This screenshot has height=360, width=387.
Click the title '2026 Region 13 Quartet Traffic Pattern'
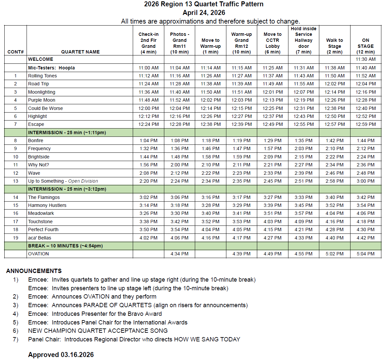click(x=203, y=4)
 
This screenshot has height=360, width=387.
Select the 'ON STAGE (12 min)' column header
click(x=365, y=46)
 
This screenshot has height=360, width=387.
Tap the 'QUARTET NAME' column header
click(x=80, y=52)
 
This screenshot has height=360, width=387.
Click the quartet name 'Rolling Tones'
click(x=42, y=76)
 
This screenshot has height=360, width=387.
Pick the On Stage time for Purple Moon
click(x=365, y=100)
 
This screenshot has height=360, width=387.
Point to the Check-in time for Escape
click(x=148, y=124)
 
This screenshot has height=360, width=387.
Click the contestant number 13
click(x=16, y=181)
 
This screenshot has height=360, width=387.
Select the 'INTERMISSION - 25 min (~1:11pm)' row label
click(x=67, y=133)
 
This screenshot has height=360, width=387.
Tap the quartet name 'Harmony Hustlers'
click(x=47, y=205)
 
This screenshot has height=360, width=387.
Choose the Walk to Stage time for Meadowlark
click(x=335, y=213)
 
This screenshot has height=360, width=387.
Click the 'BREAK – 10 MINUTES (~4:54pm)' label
click(x=65, y=246)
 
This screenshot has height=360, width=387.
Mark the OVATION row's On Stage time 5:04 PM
click(x=365, y=254)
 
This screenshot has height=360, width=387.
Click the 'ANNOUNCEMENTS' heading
click(x=34, y=271)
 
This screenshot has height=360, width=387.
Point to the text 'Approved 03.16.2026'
click(x=61, y=355)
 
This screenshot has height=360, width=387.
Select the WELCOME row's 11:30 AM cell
click(x=365, y=59)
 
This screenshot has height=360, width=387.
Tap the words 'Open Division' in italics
click(x=83, y=181)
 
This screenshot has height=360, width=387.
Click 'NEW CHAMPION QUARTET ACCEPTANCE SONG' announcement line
click(x=98, y=331)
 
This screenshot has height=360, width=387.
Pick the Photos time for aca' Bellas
click(x=180, y=238)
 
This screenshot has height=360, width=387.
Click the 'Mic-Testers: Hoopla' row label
click(x=51, y=68)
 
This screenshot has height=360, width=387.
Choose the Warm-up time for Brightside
click(x=242, y=157)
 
